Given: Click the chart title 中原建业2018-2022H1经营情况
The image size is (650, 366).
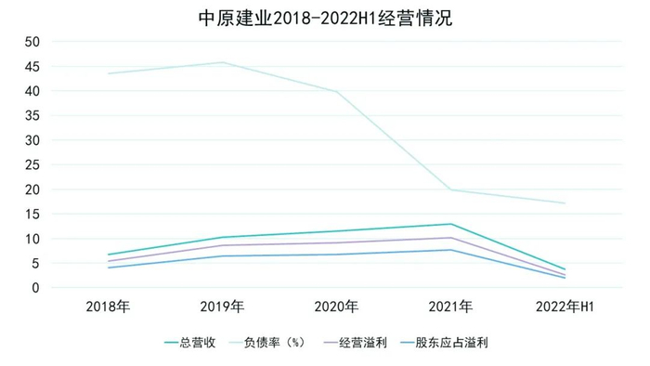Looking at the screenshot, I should point(325,18).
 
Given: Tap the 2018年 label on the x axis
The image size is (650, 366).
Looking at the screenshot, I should point(108,307).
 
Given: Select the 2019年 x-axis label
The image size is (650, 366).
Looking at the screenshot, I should point(222,307).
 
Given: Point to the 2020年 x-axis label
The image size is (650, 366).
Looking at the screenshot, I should point(336,307).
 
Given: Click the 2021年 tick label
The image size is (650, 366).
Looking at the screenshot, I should point(450,307).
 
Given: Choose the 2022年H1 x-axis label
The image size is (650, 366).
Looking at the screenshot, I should point(565,307).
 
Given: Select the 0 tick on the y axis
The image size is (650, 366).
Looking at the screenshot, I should point(35,288).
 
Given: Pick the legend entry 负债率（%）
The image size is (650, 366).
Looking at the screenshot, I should point(275,342).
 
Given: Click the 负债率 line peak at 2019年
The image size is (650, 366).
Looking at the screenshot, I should point(222,62).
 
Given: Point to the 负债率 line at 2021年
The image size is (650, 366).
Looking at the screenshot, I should point(450,190).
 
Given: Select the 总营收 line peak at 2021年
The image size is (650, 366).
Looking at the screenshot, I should point(450,224).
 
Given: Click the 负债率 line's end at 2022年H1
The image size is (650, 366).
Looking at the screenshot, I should point(565,203).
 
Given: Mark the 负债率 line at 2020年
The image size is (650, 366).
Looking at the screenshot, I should point(336,92).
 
